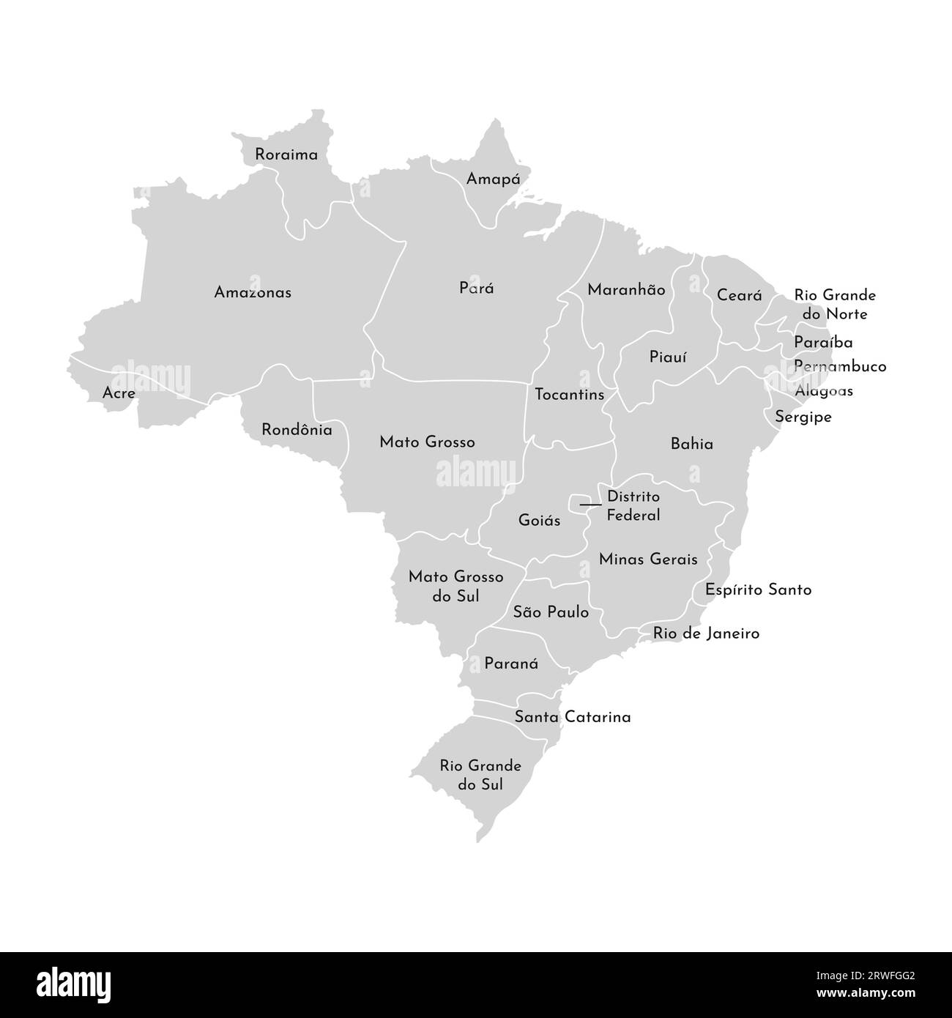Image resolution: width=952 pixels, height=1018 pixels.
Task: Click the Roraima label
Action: (x=286, y=155)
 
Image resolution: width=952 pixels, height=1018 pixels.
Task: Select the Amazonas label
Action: (x=253, y=292)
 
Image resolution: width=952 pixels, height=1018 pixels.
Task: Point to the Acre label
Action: (x=119, y=394)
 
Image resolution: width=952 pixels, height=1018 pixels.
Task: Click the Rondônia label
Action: (x=297, y=430)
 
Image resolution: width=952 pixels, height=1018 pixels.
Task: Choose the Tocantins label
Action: (x=569, y=395)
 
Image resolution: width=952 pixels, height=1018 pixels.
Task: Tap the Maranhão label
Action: (x=626, y=290)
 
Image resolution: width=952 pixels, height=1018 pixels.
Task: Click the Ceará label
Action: (x=739, y=296)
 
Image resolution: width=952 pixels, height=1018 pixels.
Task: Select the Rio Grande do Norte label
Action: (x=835, y=305)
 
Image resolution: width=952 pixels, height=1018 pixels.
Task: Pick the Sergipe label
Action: (x=803, y=417)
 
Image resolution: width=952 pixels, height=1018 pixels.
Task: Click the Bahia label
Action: (x=691, y=444)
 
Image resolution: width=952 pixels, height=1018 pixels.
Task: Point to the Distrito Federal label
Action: (x=633, y=506)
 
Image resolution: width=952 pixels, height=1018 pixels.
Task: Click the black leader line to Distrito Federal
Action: (x=590, y=505)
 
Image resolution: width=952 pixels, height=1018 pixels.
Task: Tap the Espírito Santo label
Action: (x=758, y=590)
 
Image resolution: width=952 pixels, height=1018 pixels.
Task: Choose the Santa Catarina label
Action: (x=572, y=717)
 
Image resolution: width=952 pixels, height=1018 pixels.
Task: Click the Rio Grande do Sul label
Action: (x=480, y=775)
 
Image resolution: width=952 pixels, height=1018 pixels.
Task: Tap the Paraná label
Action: (x=511, y=664)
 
